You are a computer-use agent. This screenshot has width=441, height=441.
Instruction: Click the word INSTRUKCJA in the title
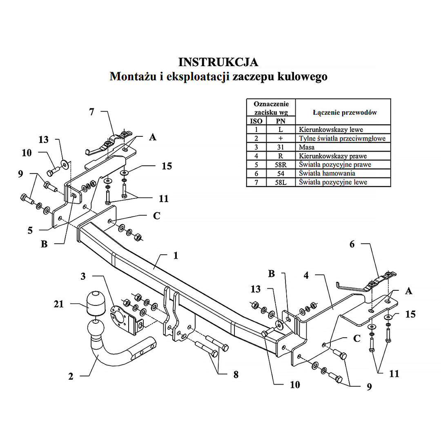pyautogui.click(x=218, y=62)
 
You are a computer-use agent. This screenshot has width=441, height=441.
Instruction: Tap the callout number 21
pyautogui.click(x=59, y=304)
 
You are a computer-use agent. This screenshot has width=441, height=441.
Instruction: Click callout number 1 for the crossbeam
pyautogui.click(x=176, y=256)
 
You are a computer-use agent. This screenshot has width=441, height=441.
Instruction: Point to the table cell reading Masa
pyautogui.click(x=307, y=147)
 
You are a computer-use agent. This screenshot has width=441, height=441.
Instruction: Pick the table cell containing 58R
pyautogui.click(x=280, y=165)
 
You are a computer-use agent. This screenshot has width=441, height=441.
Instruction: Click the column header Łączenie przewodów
pyautogui.click(x=345, y=112)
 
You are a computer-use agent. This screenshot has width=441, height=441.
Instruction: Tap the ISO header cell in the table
pyautogui.click(x=256, y=121)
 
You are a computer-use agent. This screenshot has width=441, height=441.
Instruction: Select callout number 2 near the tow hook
pyautogui.click(x=71, y=376)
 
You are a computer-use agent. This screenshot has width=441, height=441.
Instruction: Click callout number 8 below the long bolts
pyautogui.click(x=236, y=374)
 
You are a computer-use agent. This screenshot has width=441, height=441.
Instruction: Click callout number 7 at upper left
pyautogui.click(x=91, y=111)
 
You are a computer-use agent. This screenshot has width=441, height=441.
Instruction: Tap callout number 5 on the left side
pyautogui.click(x=30, y=230)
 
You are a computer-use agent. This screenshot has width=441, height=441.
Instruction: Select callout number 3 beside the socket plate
pyautogui.click(x=83, y=276)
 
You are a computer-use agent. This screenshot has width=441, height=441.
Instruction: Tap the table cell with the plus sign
pyautogui.click(x=280, y=138)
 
